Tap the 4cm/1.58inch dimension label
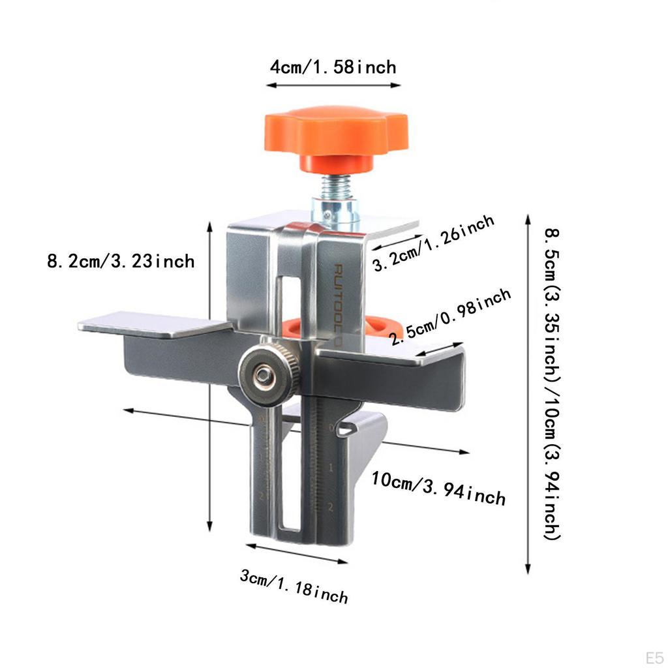click(333, 67)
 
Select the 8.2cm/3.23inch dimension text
click(121, 261)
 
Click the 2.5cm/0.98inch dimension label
click(450, 316)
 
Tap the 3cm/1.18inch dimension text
click(294, 586)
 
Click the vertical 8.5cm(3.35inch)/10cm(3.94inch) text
click(552, 384)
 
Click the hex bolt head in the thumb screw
click(262, 375)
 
